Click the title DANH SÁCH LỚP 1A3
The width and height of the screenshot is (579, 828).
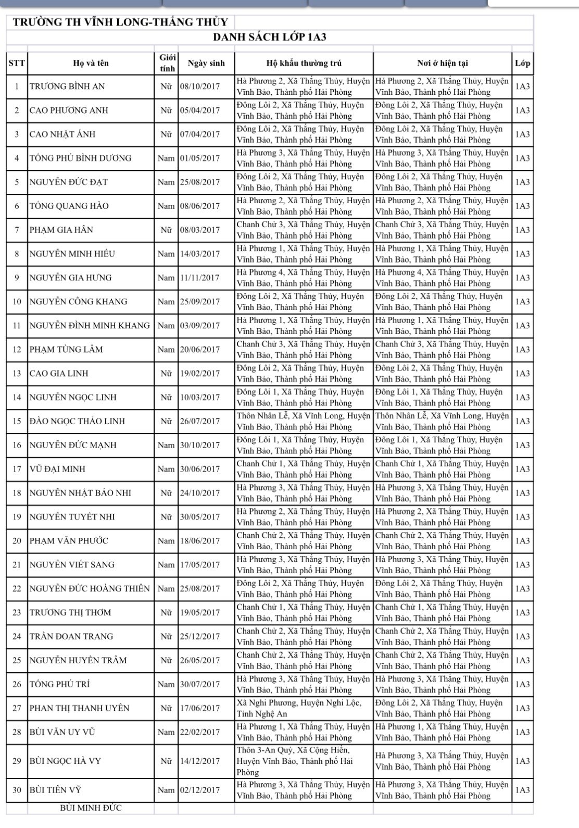[x=270, y=38]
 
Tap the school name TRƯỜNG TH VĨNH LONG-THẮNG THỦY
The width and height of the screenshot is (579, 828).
[x=120, y=22]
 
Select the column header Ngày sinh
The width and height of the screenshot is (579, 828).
[x=206, y=63]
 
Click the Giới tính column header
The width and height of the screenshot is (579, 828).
[x=167, y=63]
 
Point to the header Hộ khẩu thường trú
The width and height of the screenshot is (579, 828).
[x=304, y=63]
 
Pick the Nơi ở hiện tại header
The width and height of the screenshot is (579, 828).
[x=442, y=63]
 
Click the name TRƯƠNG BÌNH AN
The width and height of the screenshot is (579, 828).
[x=67, y=86]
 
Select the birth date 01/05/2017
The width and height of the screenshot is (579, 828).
[x=200, y=158]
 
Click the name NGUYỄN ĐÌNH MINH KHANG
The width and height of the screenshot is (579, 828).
[x=90, y=326]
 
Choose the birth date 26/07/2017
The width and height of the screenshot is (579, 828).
[x=200, y=421]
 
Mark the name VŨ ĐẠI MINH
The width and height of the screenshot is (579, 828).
[x=57, y=469]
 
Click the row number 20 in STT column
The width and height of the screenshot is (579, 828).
[x=17, y=541]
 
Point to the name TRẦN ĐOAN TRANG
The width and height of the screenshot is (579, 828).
[x=71, y=636]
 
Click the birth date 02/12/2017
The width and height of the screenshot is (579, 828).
[x=200, y=790]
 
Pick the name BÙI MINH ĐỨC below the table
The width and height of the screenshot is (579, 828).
[x=91, y=808]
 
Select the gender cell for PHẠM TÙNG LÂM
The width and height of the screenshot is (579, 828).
[x=166, y=350]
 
